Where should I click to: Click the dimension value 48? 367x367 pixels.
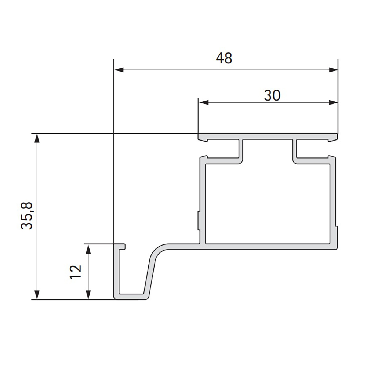pos(224,58)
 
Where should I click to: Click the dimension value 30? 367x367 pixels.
pos(272,95)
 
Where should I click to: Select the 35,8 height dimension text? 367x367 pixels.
pos(26,215)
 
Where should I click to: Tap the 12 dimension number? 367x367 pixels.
pos(75,272)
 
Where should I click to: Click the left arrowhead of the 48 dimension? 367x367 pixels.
pos(119,70)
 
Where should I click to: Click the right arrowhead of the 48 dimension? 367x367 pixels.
pos(333,70)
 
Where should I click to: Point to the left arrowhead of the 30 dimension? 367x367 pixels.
pos(203,102)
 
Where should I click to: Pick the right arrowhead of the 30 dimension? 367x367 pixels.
pos(333,102)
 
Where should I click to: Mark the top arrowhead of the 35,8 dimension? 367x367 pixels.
pos(37,138)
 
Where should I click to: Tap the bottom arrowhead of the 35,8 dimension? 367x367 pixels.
pos(37,295)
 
